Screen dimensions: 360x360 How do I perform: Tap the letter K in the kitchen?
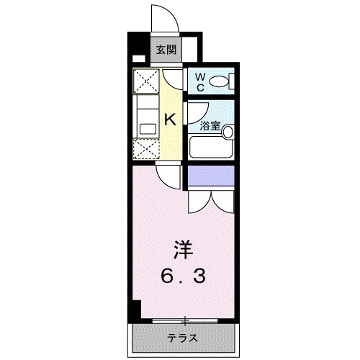[171, 120]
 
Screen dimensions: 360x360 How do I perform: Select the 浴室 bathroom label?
[210, 125]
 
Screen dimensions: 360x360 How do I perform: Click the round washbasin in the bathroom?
[228, 132]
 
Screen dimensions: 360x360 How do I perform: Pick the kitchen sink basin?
[147, 128]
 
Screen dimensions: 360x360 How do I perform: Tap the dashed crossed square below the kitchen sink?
[147, 149]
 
